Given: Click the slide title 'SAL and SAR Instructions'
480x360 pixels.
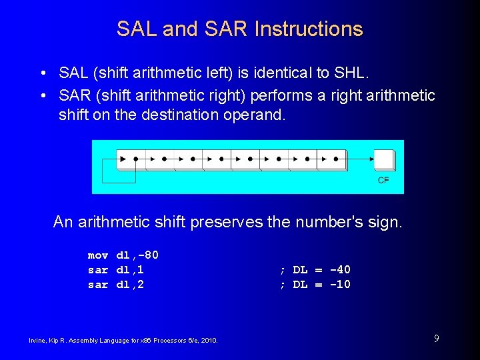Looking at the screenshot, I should (x=239, y=29).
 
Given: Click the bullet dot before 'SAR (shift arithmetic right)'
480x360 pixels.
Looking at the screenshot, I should (x=42, y=96).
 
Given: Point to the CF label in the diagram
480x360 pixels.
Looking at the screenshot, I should (x=383, y=180).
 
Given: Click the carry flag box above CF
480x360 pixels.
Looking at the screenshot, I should (x=383, y=159).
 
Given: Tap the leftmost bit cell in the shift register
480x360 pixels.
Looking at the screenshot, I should (x=131, y=159).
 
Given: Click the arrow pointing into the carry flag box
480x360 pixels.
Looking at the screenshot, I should (x=360, y=159).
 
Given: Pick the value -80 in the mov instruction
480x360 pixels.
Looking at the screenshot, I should (x=147, y=255).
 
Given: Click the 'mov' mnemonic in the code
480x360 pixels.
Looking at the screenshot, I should (x=98, y=255).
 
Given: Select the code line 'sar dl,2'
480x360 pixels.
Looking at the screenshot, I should (x=116, y=285).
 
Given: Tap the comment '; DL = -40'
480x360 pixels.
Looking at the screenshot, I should (x=315, y=270).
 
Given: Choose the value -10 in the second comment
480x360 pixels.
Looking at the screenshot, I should (x=339, y=285).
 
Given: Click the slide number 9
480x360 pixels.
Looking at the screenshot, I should (x=436, y=339).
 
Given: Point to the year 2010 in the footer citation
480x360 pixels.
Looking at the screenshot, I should (x=209, y=341).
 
